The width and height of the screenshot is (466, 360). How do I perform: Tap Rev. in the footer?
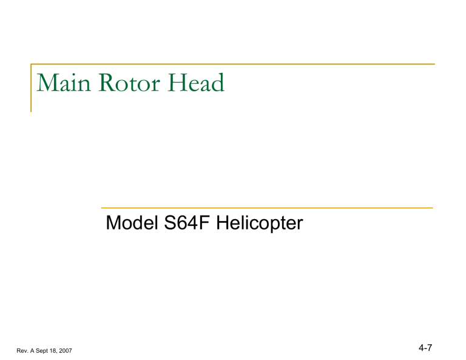click(19, 350)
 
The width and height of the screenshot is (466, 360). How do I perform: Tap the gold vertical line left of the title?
click(32, 88)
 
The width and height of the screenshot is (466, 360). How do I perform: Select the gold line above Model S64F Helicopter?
click(266, 208)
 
